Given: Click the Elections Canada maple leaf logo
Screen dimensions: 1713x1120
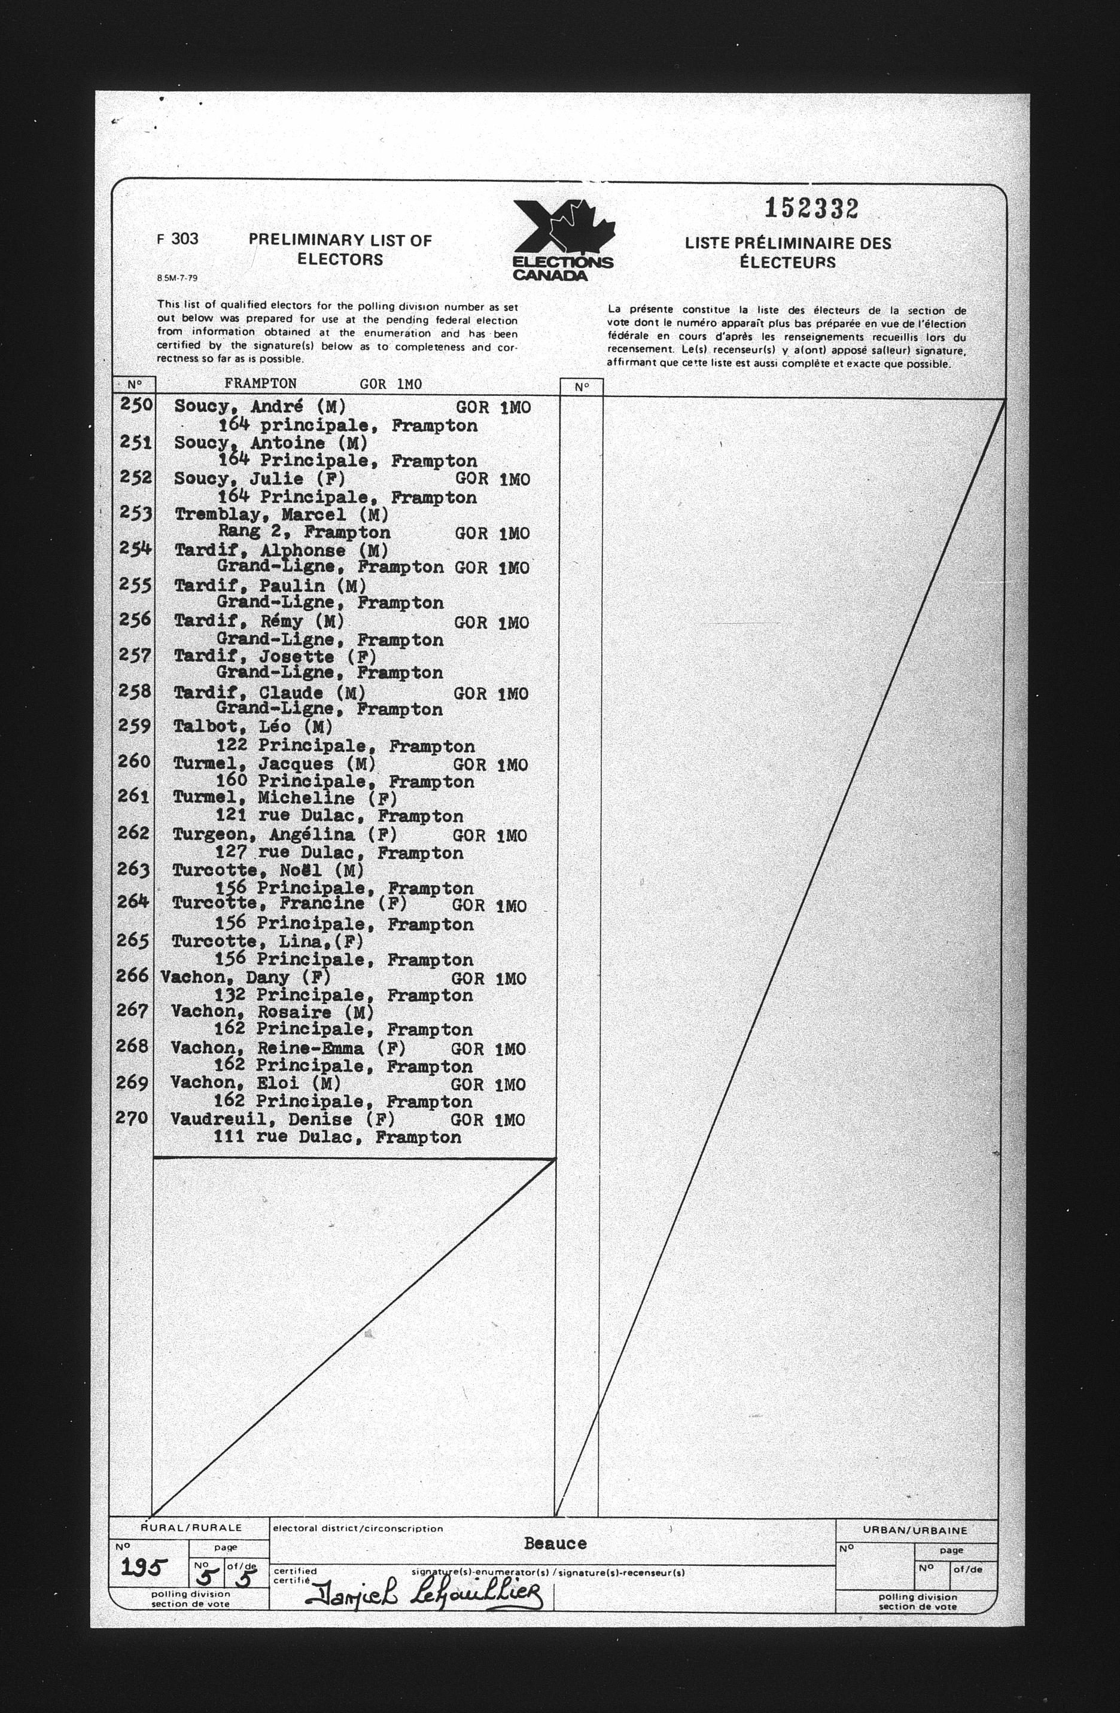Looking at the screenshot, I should tap(563, 239).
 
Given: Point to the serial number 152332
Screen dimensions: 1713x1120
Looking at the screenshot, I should tap(811, 209).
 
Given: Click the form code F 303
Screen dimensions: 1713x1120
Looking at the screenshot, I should tap(177, 239).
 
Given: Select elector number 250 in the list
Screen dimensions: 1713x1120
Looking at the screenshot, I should tap(136, 405).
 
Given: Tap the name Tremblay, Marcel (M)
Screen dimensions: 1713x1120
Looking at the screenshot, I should tap(281, 516).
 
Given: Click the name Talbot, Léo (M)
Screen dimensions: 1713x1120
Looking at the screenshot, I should tap(252, 727).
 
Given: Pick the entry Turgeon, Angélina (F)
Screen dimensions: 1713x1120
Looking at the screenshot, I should tap(284, 835).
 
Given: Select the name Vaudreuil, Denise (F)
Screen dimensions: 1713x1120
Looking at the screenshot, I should tap(282, 1120).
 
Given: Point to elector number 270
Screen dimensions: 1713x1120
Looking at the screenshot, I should tap(132, 1118).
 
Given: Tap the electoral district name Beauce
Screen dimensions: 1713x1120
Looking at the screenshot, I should tap(555, 1544).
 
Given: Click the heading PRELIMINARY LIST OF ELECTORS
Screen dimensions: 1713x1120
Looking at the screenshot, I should tap(340, 250).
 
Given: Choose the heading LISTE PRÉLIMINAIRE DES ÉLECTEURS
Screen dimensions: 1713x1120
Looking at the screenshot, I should tap(787, 252).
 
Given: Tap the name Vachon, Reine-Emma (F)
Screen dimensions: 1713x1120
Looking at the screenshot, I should tap(288, 1048).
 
